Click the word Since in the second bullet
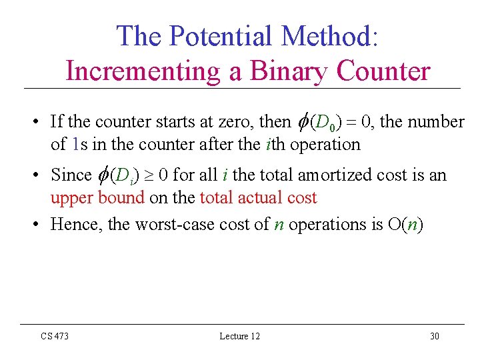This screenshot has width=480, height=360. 71,175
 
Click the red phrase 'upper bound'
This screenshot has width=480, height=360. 97,197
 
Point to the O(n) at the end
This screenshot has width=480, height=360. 405,225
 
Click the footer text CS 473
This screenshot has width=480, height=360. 55,336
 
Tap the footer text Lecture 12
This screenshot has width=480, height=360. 240,336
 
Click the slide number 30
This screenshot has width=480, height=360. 435,336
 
